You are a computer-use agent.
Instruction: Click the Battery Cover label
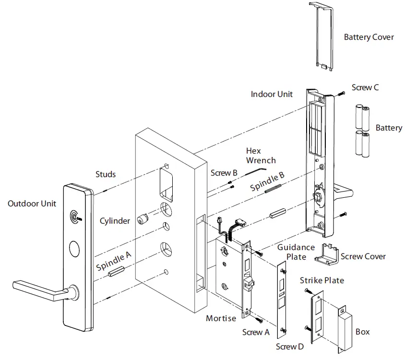(x=368, y=37)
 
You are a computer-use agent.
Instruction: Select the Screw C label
(x=365, y=87)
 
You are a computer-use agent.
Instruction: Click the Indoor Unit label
(x=272, y=94)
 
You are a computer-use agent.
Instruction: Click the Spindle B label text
(x=268, y=182)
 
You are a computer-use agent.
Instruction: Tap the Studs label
(x=105, y=174)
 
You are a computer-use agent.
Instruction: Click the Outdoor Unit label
(x=32, y=204)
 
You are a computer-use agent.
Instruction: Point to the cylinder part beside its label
(x=143, y=220)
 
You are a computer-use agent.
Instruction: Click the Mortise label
(x=221, y=318)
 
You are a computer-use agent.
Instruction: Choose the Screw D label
(x=290, y=347)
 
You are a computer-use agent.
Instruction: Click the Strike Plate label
(x=321, y=280)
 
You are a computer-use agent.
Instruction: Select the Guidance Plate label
(x=296, y=252)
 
